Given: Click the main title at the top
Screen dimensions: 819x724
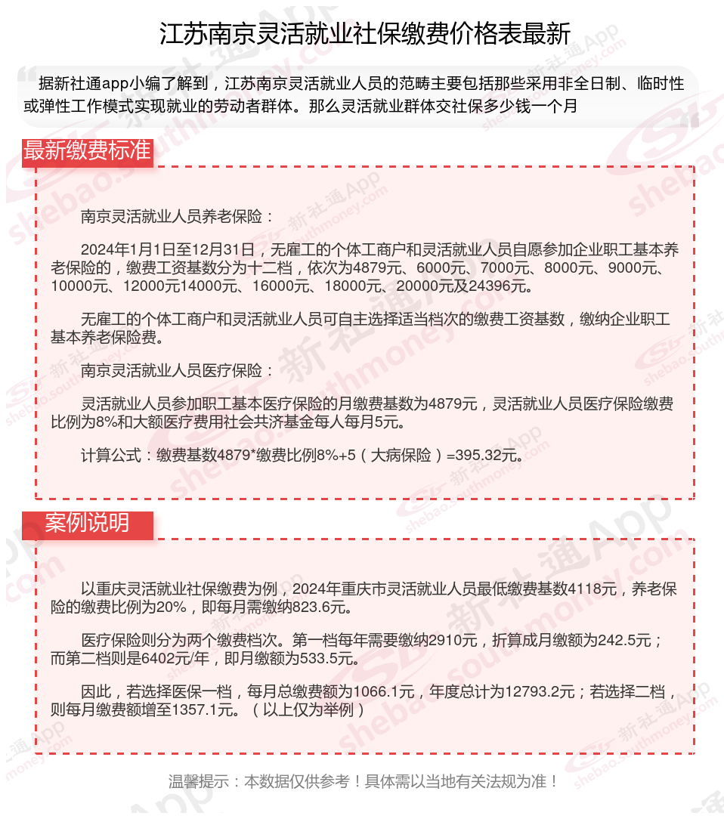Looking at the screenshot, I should point(364,34).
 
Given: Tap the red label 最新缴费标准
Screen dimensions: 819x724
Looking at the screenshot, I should point(87,150).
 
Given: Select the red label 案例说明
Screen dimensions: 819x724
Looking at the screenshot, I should point(87,523).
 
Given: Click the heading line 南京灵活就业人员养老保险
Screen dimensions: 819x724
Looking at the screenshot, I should point(178,217).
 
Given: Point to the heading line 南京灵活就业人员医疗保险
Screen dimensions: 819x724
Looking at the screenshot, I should point(178,370).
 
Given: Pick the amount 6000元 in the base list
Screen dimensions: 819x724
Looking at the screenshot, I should point(444,268).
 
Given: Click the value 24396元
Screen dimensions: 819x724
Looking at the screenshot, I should point(494,286).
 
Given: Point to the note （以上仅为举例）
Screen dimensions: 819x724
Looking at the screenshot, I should point(309,710).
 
